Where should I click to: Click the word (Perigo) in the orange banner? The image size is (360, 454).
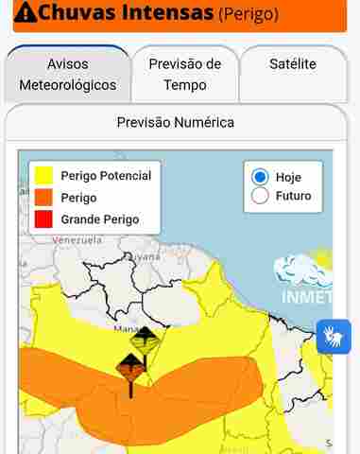[248, 14]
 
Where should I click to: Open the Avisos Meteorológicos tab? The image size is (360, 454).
[67, 75]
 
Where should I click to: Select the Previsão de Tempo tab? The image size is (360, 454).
[185, 75]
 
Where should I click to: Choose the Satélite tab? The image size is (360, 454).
[293, 64]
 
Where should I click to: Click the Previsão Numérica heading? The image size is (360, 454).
[175, 122]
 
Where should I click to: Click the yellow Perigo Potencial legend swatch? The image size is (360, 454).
[43, 176]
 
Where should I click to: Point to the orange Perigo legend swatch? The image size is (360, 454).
[43, 198]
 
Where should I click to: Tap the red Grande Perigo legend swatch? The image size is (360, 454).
[43, 219]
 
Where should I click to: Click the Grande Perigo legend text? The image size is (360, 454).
[99, 219]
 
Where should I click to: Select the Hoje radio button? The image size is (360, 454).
[260, 177]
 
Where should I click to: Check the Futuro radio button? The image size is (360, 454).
[260, 196]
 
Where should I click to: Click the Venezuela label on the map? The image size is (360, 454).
[77, 240]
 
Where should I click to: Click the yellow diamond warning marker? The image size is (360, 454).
[144, 340]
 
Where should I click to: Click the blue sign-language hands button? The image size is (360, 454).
[334, 336]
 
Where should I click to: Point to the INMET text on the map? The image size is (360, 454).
[307, 297]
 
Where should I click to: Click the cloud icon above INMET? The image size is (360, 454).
[304, 269]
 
